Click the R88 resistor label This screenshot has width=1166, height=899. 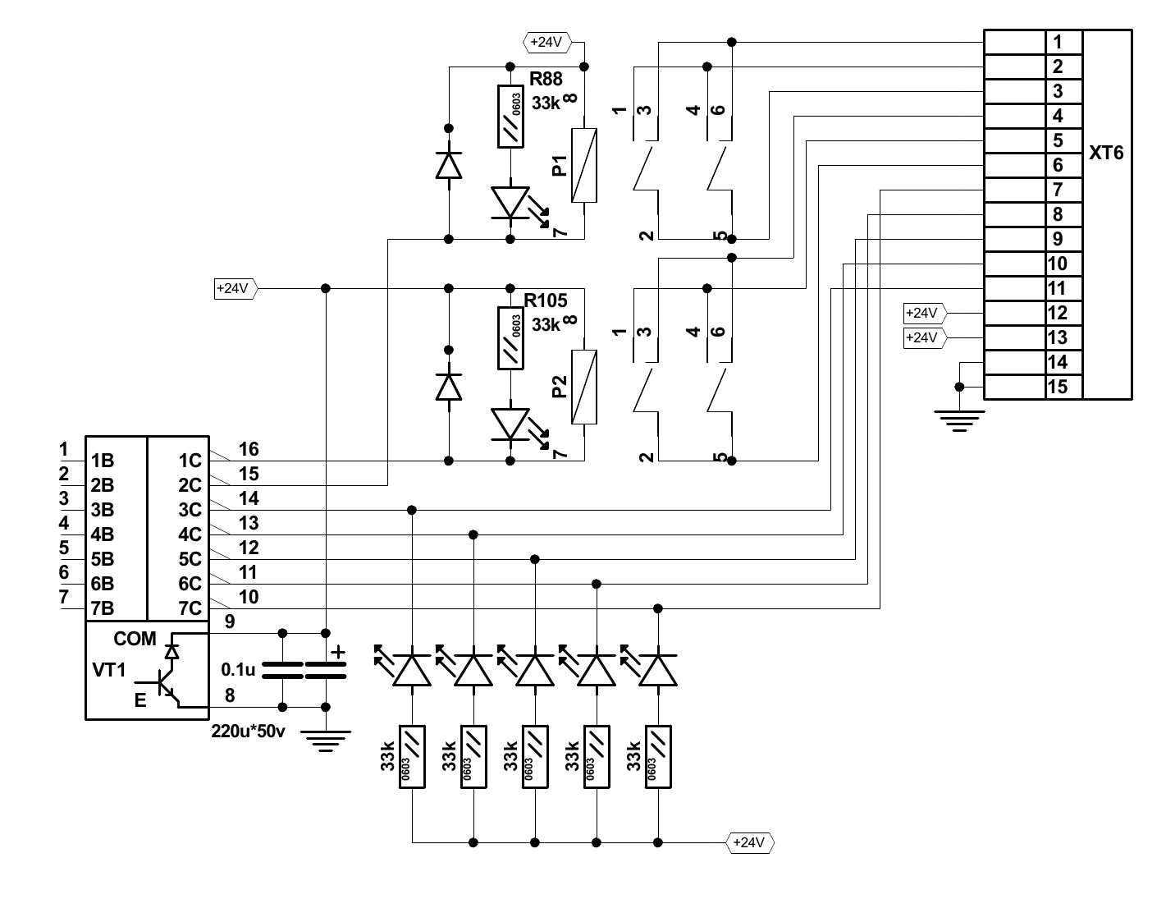point(546,80)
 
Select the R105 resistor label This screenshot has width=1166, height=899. point(546,300)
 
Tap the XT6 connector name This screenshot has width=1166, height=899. point(1106,154)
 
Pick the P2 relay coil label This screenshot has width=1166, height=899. point(560,388)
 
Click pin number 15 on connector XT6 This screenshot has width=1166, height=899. point(1058,387)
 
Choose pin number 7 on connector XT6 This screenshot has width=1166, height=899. point(1058,190)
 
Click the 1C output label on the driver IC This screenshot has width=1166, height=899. point(190,461)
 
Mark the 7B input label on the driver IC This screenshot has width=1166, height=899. point(103,608)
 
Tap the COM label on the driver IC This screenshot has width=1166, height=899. point(135,639)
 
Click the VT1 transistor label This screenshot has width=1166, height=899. point(109,670)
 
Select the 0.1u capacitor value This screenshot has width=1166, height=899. point(238,670)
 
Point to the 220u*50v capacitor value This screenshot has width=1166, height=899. point(248,732)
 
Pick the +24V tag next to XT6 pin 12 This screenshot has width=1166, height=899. point(923,313)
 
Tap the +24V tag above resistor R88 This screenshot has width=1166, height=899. point(546,42)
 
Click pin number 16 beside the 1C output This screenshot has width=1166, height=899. point(249,449)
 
